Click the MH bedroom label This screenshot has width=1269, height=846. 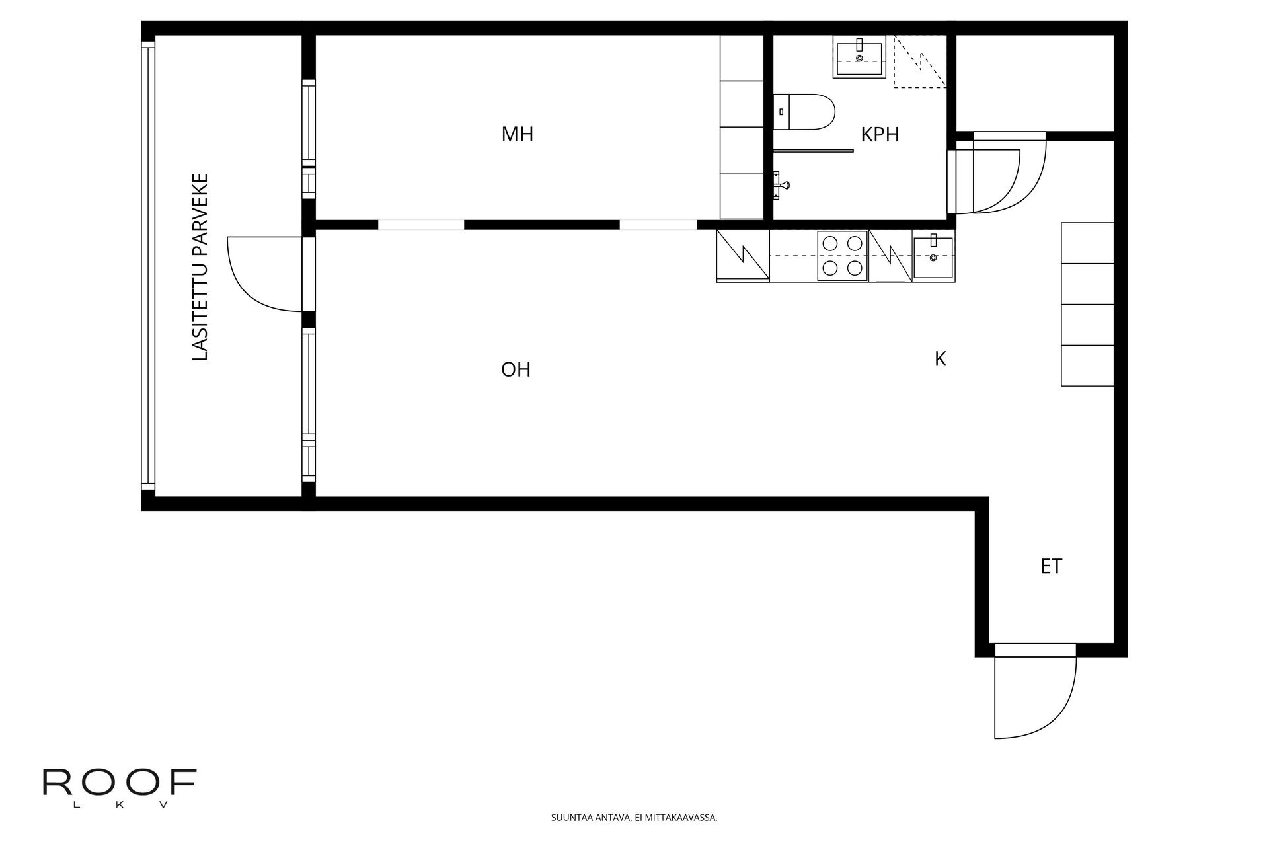(518, 134)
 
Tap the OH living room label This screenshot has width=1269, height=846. (516, 369)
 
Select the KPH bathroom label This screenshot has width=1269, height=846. (880, 135)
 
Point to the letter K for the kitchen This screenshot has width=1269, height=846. (941, 359)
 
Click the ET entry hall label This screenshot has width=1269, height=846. (1052, 566)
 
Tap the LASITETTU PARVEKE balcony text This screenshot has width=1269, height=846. (200, 267)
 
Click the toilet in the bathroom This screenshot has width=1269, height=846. (804, 112)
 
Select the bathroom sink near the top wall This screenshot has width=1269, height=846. (859, 58)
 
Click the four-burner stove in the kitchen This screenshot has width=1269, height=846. (842, 256)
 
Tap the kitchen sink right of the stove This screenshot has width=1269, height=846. (933, 257)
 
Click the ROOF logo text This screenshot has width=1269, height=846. (120, 783)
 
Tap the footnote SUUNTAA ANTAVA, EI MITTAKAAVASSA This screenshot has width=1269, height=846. (634, 818)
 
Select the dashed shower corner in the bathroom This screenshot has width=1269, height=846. (919, 61)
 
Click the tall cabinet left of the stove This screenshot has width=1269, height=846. (743, 256)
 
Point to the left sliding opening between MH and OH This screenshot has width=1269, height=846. (421, 225)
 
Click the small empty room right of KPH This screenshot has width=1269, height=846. (1034, 82)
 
